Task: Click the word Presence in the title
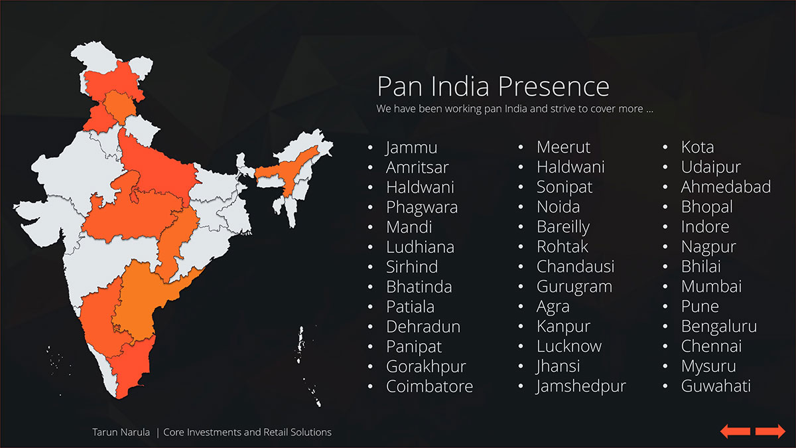(553, 86)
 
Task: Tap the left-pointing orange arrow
(735, 431)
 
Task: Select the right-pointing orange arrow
(770, 431)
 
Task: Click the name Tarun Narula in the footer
(121, 432)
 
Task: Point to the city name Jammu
(411, 147)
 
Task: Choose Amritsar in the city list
(417, 167)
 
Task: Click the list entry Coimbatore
(430, 386)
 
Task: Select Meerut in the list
(564, 147)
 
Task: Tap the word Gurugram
(574, 287)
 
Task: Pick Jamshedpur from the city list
(581, 386)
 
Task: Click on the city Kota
(698, 147)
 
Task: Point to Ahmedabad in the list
(726, 187)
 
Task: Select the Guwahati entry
(716, 386)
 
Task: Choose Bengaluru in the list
(719, 327)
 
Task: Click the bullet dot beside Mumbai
(665, 287)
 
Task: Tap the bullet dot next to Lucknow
(521, 346)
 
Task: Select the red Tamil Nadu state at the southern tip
(131, 370)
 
